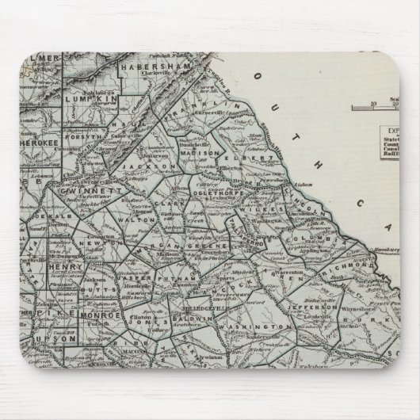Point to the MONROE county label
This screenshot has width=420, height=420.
[x=100, y=315]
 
